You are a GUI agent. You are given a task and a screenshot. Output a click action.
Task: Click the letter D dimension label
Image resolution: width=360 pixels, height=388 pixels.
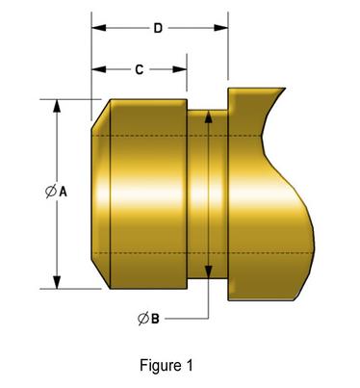pyautogui.click(x=158, y=29)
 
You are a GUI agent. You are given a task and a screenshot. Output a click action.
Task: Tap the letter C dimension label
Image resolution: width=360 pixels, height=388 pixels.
pyautogui.click(x=140, y=70)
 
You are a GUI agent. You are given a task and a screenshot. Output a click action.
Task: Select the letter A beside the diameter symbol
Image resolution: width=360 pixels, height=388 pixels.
pyautogui.click(x=63, y=193)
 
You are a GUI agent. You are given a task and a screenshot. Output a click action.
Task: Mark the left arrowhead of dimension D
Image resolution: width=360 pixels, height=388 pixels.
pyautogui.click(x=98, y=29)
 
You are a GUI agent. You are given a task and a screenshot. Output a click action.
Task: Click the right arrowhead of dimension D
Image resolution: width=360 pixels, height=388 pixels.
pyautogui.click(x=221, y=29)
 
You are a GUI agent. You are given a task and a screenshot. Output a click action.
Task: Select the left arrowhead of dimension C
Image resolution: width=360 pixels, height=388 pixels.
pyautogui.click(x=98, y=70)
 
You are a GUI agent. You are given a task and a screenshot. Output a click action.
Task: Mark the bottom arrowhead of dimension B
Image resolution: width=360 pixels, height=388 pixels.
pyautogui.click(x=208, y=269)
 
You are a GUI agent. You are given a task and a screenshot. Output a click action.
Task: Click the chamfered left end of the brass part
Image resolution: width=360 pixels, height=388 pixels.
pyautogui.click(x=101, y=193)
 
